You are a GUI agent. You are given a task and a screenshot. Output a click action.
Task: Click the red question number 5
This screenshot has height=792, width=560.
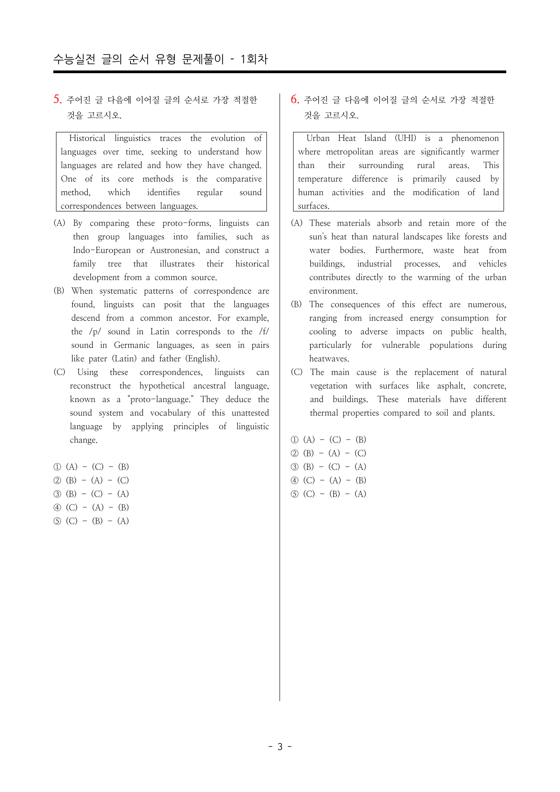point(57,99)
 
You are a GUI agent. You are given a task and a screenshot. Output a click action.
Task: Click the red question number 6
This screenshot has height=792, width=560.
point(294,99)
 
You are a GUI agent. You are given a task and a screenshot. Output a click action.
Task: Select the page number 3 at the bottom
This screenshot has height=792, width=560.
point(280,746)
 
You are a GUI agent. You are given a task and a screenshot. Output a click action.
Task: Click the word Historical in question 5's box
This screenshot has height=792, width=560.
point(87,138)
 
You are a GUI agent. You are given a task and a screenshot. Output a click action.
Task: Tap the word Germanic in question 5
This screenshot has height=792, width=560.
point(131,345)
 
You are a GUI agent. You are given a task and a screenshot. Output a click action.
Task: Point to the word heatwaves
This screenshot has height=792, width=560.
point(329,359)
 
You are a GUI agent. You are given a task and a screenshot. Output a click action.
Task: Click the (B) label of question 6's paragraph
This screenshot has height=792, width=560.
point(296,305)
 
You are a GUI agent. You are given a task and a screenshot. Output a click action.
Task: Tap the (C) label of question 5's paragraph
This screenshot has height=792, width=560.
point(59,372)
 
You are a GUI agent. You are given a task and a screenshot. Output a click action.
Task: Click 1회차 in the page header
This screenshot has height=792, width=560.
point(254,59)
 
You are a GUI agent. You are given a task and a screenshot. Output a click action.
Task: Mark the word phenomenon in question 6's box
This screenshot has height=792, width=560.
point(475,138)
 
